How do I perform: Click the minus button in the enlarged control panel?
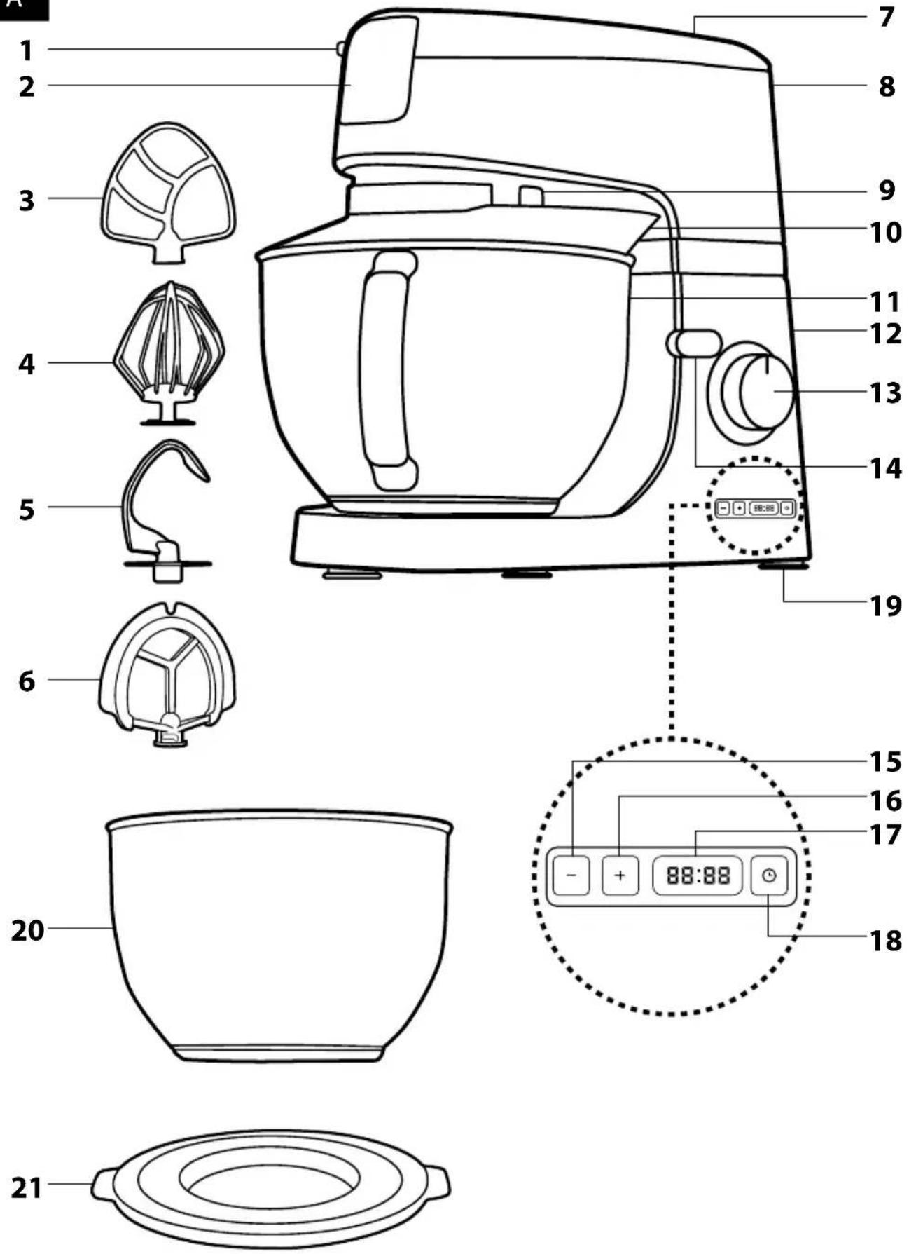pyautogui.click(x=571, y=875)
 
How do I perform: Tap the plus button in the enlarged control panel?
pyautogui.click(x=620, y=875)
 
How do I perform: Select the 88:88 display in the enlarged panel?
pyautogui.click(x=698, y=875)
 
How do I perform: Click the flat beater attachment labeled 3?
pyautogui.click(x=168, y=193)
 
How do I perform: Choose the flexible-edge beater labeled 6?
pyautogui.click(x=167, y=673)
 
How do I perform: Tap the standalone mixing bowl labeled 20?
pyautogui.click(x=279, y=936)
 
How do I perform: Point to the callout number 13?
pyautogui.click(x=885, y=393)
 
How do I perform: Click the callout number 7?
pyautogui.click(x=887, y=17)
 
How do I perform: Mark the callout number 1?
pyautogui.click(x=27, y=50)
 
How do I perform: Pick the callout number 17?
pyautogui.click(x=885, y=834)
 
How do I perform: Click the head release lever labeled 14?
pyautogui.click(x=693, y=343)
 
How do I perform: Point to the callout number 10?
pyautogui.click(x=885, y=231)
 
